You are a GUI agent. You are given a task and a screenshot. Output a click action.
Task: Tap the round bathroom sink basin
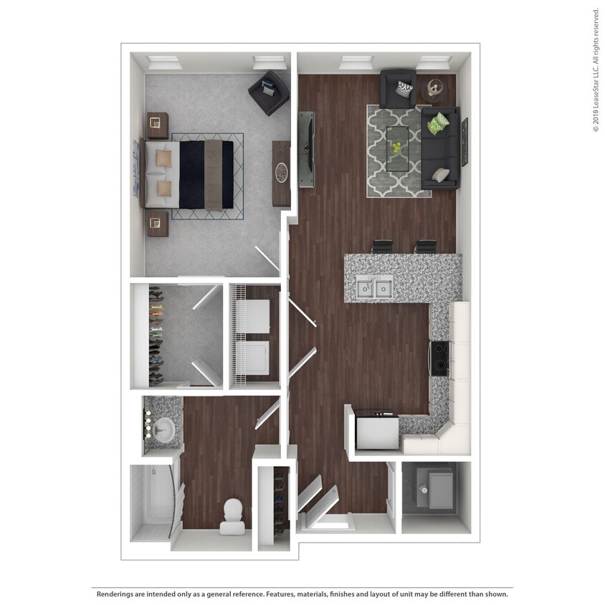[x=164, y=429]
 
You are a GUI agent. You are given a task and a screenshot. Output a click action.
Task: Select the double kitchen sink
[x=373, y=288]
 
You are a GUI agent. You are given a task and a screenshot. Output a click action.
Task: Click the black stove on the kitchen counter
[x=439, y=358]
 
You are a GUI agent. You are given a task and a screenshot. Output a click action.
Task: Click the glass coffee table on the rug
[x=398, y=149]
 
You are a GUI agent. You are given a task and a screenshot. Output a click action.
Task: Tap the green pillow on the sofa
[x=438, y=124]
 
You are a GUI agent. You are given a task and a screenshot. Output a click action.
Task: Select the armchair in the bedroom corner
[x=269, y=92]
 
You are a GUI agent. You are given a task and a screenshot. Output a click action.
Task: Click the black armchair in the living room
[x=398, y=88]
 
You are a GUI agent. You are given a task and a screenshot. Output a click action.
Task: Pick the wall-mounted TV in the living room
[x=306, y=150]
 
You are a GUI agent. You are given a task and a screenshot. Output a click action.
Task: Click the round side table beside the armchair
[x=432, y=90]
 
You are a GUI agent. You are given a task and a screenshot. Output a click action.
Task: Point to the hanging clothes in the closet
[x=155, y=335]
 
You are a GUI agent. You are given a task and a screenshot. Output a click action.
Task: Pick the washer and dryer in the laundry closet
[x=254, y=335]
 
